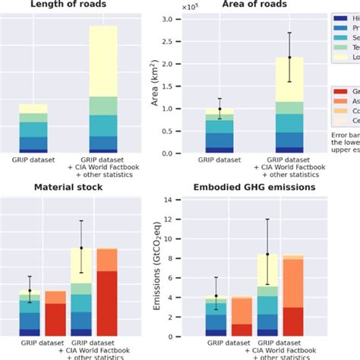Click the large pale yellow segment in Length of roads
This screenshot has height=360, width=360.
(x=114, y=61)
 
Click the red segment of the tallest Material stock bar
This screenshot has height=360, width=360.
(x=106, y=303)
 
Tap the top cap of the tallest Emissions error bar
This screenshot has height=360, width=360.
(x=267, y=219)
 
